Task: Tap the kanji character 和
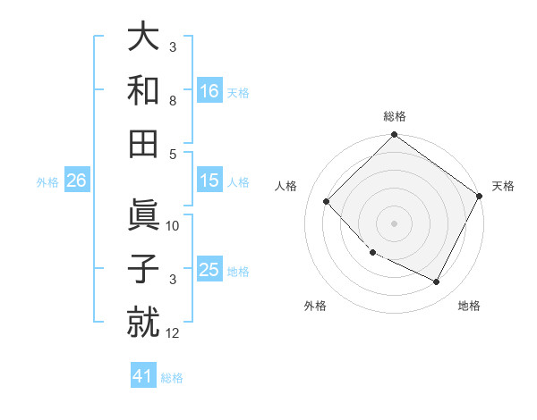[144, 89]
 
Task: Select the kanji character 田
[144, 143]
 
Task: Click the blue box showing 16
[209, 90]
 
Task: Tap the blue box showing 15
[209, 181]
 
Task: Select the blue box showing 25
[209, 270]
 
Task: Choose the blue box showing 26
[76, 181]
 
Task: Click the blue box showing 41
[143, 376]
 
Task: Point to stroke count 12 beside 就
[173, 333]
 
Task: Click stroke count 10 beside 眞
[173, 226]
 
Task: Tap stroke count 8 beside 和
[173, 101]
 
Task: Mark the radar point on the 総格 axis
[394, 136]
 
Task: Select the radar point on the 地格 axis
[437, 282]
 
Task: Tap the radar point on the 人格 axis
[327, 201]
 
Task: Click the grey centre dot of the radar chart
[394, 223]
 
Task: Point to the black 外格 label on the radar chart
[315, 306]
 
